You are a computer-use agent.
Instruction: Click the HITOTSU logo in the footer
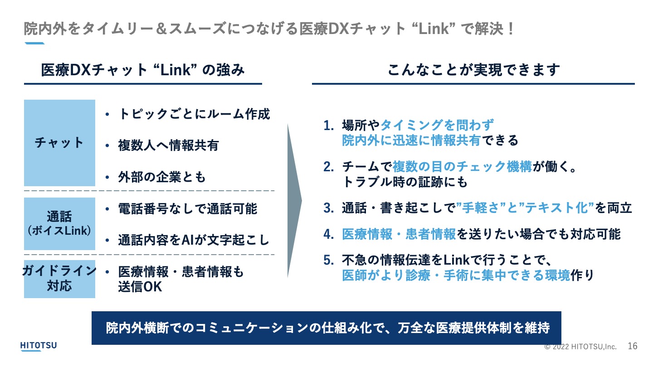[39, 346]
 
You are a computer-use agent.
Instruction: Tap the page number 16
[632, 346]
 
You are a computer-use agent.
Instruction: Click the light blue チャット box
[59, 143]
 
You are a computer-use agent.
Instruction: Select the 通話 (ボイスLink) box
[59, 224]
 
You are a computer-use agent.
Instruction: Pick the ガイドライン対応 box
[59, 279]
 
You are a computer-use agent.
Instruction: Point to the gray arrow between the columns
[294, 200]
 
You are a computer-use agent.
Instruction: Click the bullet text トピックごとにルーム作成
[194, 114]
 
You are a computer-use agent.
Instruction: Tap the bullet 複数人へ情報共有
[169, 145]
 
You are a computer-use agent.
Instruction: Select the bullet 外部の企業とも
[162, 177]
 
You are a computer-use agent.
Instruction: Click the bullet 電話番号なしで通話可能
[188, 208]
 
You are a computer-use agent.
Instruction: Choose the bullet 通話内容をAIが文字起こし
[194, 240]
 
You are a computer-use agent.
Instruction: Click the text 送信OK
[140, 287]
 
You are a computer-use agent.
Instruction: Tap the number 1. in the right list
[329, 126]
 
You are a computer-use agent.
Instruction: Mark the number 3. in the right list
[329, 208]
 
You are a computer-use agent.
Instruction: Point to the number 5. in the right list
[329, 260]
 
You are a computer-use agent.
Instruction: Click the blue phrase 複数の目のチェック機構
[463, 167]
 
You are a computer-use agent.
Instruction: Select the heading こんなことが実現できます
[474, 70]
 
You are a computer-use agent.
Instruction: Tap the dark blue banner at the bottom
[326, 328]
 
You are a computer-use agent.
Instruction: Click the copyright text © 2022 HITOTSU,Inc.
[580, 347]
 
